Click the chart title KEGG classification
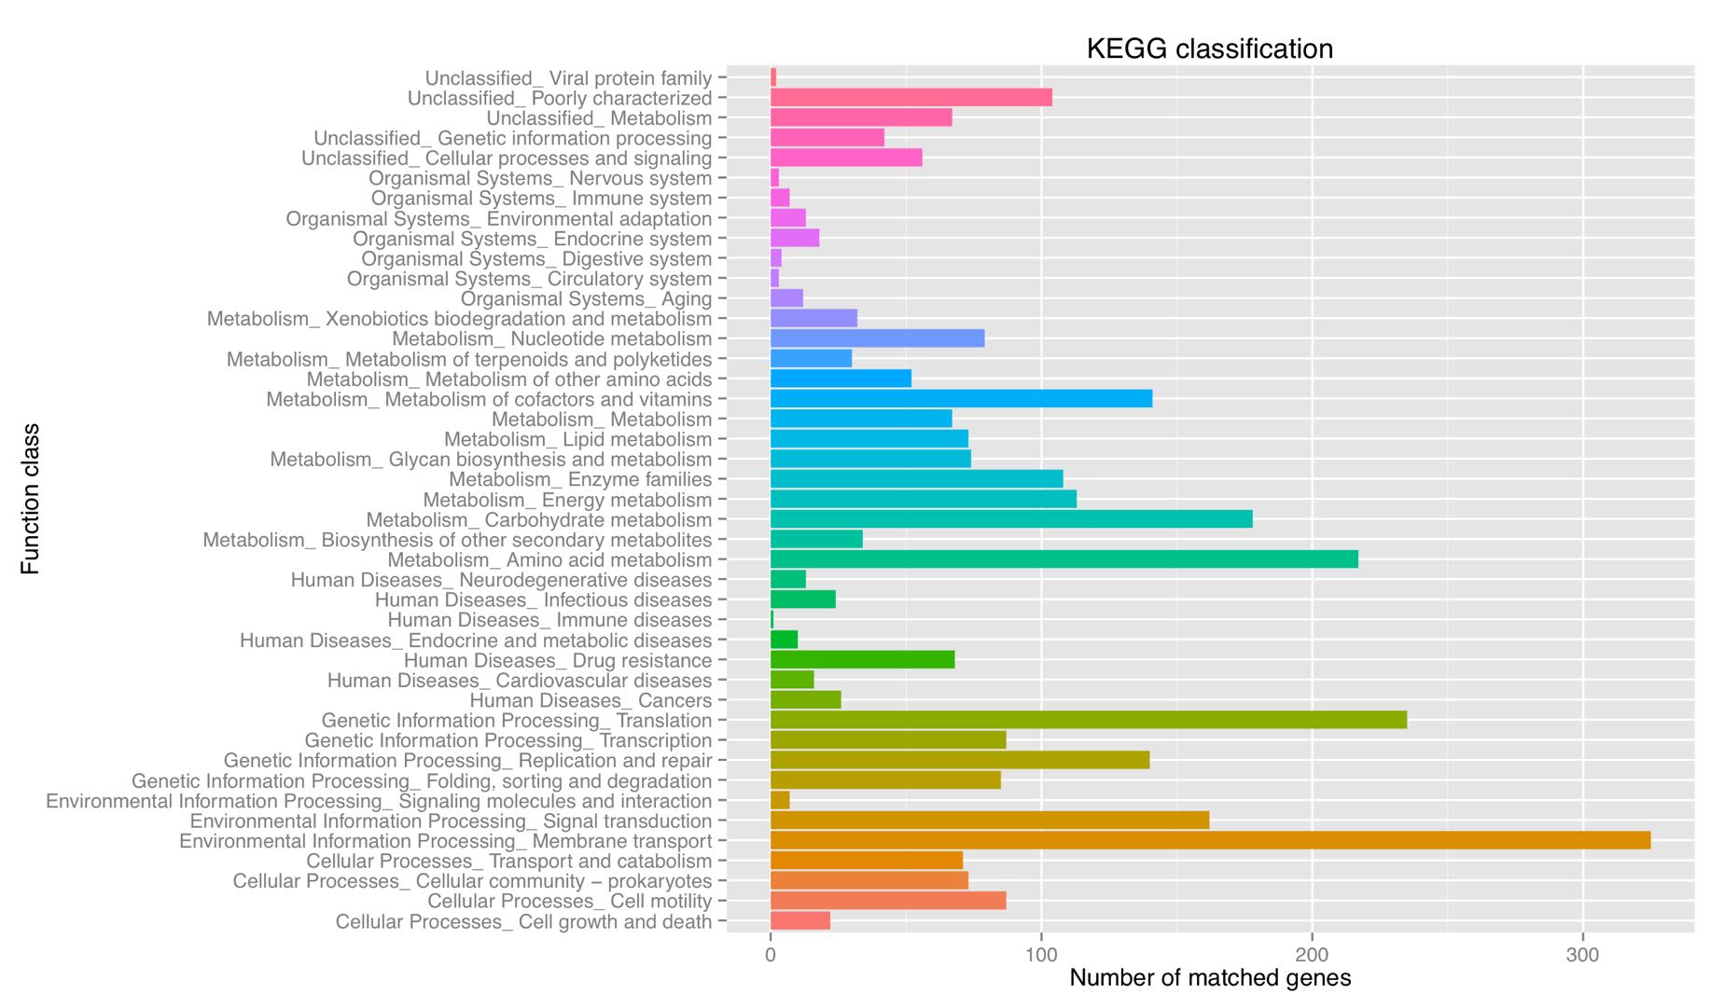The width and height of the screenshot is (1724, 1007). point(1209,48)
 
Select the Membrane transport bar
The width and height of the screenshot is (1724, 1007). point(1210,841)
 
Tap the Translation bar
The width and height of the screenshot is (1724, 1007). point(1088,720)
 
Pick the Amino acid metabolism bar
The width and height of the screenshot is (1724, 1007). point(1064,559)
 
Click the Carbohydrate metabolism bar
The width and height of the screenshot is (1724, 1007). point(1011,519)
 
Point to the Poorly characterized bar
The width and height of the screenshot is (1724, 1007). point(911,98)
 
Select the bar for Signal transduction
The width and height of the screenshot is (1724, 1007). point(989,821)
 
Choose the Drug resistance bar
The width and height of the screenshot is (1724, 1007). point(862,660)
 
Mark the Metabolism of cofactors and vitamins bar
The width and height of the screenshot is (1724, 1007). point(961,399)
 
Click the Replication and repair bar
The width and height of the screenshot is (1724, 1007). point(959,760)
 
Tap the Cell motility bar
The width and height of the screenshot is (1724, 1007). point(888,901)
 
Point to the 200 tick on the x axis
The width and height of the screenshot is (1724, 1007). point(1312,955)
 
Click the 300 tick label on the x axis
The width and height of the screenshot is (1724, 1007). point(1582,955)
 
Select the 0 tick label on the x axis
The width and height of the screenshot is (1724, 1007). point(771,955)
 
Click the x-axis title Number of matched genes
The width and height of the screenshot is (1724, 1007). point(1209,978)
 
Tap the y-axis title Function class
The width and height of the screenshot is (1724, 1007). point(31,499)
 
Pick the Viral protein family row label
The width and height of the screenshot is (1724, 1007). point(568,78)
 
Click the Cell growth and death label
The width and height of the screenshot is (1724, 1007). point(523,921)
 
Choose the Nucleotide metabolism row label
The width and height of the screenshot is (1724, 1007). point(551,338)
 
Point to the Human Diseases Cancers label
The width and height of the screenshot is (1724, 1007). point(591,700)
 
